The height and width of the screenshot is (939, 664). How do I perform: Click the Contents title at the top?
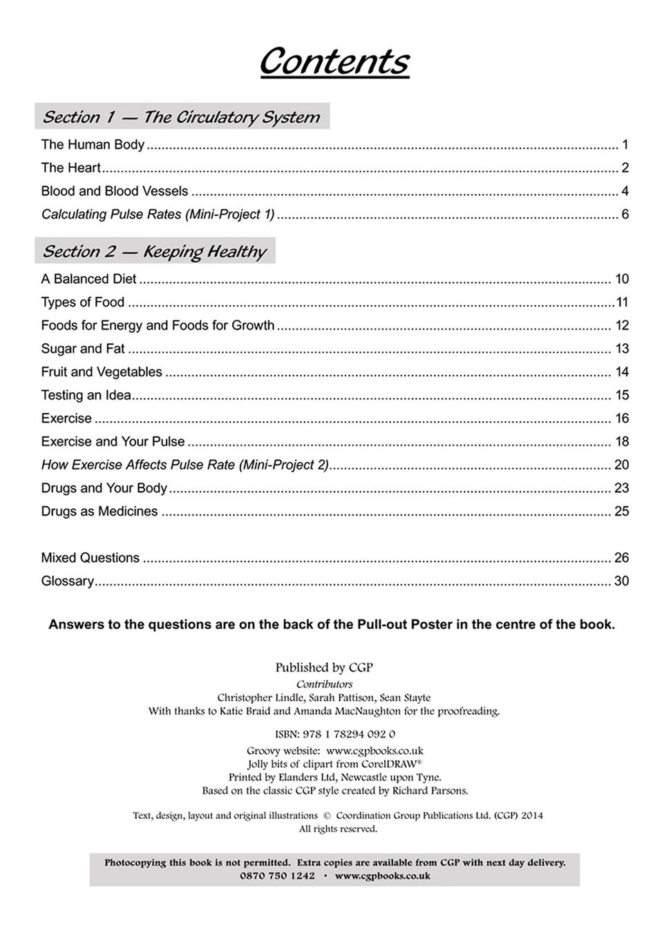(x=334, y=61)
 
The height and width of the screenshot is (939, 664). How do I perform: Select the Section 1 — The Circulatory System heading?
(x=181, y=117)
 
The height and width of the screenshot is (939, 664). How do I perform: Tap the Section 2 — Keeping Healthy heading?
(x=154, y=251)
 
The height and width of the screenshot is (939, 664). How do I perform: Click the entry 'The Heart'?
(x=70, y=168)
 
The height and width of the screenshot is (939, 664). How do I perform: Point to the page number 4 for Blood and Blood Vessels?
(x=625, y=191)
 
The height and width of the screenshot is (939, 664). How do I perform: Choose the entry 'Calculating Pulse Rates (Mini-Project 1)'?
(x=158, y=214)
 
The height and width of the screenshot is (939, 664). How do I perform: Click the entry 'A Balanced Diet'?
(x=88, y=279)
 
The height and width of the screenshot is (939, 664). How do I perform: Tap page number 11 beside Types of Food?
(x=622, y=302)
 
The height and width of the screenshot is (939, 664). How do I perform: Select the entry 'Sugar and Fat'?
(x=83, y=349)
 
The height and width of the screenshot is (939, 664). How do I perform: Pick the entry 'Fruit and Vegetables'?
(x=102, y=372)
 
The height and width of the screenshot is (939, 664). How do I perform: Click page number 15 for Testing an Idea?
(x=622, y=396)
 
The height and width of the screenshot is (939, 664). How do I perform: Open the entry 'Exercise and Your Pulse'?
(x=113, y=442)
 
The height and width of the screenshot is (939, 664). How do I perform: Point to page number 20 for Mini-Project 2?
(x=621, y=465)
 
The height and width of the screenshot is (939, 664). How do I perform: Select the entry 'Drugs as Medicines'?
(x=99, y=512)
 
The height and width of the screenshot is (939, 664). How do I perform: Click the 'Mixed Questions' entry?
(x=90, y=558)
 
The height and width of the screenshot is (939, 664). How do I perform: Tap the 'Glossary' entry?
(x=67, y=581)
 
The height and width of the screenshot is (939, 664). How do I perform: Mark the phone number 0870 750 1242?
(x=277, y=875)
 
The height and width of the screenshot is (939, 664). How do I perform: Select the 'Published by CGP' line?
(x=324, y=668)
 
